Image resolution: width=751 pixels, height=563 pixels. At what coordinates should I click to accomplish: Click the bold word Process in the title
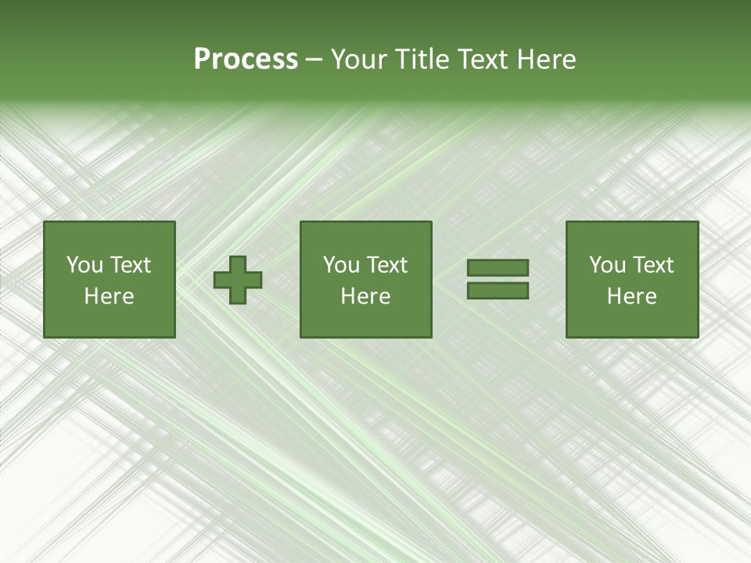(246, 59)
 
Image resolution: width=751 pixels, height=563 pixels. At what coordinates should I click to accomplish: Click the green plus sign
(238, 280)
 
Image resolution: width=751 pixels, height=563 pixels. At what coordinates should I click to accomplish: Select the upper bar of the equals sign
(498, 268)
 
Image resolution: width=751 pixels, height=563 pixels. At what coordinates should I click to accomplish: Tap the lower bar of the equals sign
(498, 291)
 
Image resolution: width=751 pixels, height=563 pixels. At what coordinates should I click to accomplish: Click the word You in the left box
(84, 265)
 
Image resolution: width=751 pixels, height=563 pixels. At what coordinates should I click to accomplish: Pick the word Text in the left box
(130, 265)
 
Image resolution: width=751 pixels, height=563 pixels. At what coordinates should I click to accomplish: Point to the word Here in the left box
(109, 296)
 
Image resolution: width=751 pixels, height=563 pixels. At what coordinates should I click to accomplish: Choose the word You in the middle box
(341, 265)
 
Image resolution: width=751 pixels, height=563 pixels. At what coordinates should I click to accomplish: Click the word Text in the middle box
(386, 265)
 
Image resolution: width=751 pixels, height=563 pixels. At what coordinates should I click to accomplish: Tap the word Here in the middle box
(365, 296)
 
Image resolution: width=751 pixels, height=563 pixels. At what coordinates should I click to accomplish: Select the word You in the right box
(607, 265)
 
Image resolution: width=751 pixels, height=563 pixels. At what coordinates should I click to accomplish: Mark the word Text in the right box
(652, 265)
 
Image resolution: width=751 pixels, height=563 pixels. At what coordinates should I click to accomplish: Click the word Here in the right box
(631, 296)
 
